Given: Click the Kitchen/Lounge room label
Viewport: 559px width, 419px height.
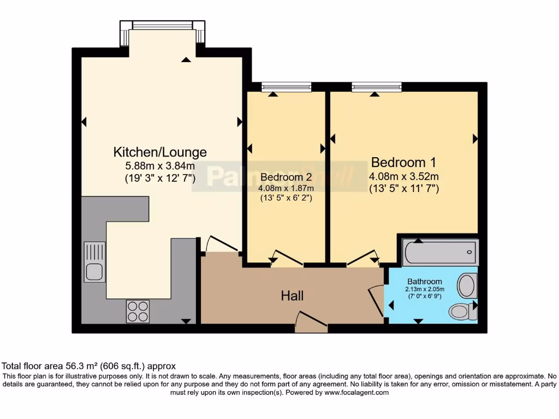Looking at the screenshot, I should click(x=160, y=152).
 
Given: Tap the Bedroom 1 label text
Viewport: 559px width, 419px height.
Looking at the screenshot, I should click(x=404, y=163).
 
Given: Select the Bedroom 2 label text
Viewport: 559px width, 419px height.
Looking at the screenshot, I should click(x=286, y=177).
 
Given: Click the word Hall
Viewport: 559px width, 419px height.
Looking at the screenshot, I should click(x=292, y=296).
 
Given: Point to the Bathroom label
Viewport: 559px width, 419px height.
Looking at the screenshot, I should click(x=424, y=282).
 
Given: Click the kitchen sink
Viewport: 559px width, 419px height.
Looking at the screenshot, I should click(x=94, y=262).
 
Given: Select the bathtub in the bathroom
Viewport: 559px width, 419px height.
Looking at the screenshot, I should click(x=440, y=253).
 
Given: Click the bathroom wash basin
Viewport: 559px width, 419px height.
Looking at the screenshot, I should click(x=466, y=285).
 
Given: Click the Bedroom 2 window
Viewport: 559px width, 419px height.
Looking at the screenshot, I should click(x=286, y=86).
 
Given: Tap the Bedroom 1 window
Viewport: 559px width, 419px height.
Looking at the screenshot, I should click(x=377, y=86).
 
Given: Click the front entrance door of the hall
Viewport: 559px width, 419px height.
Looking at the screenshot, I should click(x=311, y=322).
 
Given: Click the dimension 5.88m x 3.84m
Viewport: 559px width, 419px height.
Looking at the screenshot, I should click(x=160, y=166).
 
